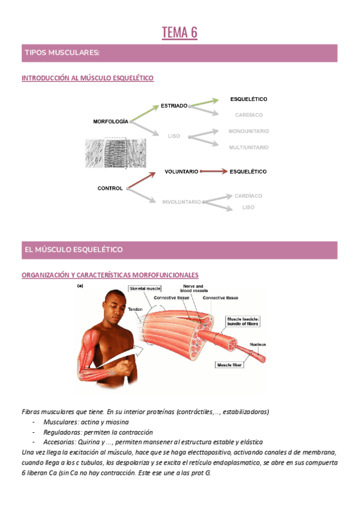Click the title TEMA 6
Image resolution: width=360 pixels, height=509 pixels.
coord(179,33)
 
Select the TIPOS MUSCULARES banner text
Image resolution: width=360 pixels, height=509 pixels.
coord(62,53)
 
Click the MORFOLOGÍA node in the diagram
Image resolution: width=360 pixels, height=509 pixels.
coord(110,121)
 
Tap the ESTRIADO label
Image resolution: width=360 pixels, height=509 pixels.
coord(174,106)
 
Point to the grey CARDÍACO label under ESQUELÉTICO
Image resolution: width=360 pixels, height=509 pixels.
coord(248,115)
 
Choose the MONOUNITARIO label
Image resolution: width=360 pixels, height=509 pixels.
coord(248,131)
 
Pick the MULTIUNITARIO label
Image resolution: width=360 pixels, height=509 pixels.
coord(248,147)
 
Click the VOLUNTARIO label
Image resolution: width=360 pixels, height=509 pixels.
coord(181,172)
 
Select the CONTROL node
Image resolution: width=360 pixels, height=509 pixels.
coord(110,188)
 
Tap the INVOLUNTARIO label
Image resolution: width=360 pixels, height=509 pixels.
coord(181,202)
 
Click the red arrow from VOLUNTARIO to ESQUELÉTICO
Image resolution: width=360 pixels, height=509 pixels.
coord(214,172)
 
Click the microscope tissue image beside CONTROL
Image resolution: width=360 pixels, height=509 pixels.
coord(116,153)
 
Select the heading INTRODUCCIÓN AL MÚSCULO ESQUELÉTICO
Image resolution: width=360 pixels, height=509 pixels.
coord(88,79)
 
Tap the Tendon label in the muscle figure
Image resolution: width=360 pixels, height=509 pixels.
coord(135,309)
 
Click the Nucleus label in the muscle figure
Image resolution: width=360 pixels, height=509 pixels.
coord(258,345)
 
